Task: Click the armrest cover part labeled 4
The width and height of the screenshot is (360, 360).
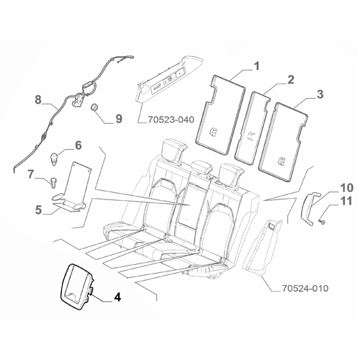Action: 76,283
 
